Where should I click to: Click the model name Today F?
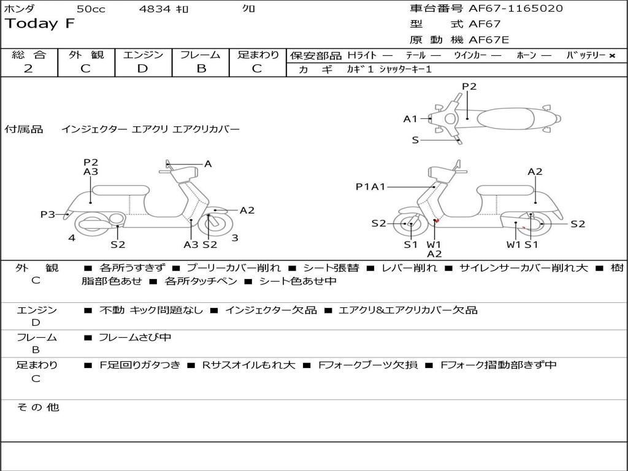coord(40,25)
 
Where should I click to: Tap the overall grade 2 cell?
coord(28,69)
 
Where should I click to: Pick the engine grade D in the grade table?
coord(142,69)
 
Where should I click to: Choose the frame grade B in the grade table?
coord(201,69)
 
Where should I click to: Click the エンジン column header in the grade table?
coord(143,55)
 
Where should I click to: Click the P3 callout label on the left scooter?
coord(48,214)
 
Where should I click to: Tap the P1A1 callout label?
coord(370,186)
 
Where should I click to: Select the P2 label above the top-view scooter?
coord(469,86)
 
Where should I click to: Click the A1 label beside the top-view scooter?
coord(410,119)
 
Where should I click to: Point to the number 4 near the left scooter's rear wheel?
coord(72,237)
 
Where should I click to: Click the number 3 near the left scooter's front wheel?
coord(235,237)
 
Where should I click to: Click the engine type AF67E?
coord(489,40)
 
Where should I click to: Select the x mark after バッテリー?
coord(611,56)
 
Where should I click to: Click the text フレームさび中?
coord(135,337)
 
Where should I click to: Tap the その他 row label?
coord(38,407)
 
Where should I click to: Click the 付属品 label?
coord(24,129)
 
